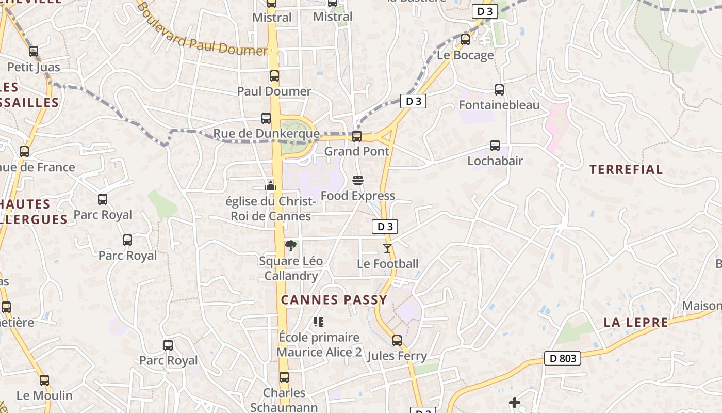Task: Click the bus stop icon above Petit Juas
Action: (34, 52)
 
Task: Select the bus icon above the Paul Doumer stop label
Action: (274, 76)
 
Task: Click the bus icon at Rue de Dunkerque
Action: (266, 118)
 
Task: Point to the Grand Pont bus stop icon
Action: (357, 136)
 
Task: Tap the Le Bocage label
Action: (465, 55)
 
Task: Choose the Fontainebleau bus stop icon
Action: (499, 90)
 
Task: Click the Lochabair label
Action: (495, 161)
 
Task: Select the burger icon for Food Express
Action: (358, 180)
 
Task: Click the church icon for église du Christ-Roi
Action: (271, 186)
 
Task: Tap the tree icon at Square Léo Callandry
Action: (291, 245)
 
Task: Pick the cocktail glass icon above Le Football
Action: (387, 248)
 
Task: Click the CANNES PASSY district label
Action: (334, 300)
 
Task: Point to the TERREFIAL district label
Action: (626, 169)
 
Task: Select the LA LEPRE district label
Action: (636, 323)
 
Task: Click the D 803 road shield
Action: (563, 358)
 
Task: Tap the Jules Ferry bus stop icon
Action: (397, 341)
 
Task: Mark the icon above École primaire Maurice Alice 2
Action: (319, 322)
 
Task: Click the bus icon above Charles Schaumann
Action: (284, 377)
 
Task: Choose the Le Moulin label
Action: (44, 396)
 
